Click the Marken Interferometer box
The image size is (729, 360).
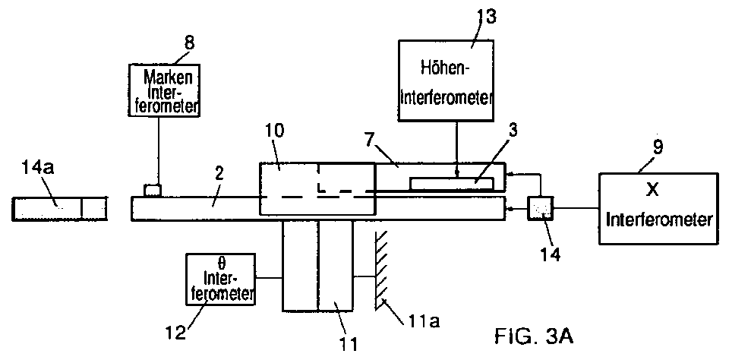(164, 90)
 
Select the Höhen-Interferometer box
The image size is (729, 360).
(446, 81)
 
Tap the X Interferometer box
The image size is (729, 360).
(658, 208)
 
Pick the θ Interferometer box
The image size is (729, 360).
(221, 279)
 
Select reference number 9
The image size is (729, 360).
(657, 147)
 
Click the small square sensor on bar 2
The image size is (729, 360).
(153, 191)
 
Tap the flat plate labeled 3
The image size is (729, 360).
(451, 183)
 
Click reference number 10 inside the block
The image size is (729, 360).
(275, 131)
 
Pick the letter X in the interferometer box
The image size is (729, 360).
(652, 190)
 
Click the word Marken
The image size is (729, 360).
(168, 77)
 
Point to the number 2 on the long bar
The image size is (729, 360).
(219, 175)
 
